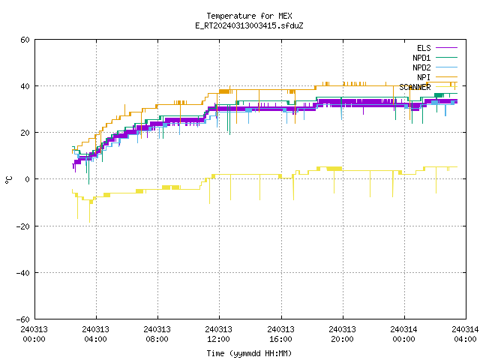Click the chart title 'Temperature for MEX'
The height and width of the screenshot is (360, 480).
(x=249, y=16)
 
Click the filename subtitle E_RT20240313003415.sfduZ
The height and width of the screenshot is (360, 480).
(x=249, y=25)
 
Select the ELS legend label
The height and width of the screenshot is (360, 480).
(x=424, y=48)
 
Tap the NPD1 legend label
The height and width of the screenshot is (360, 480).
(x=421, y=58)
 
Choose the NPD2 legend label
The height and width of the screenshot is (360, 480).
(x=421, y=67)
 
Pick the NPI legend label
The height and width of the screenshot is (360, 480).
(x=424, y=77)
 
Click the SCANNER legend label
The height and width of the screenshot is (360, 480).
(x=415, y=87)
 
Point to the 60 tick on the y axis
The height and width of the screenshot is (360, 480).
(x=25, y=40)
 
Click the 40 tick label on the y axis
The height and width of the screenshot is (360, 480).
(x=25, y=86)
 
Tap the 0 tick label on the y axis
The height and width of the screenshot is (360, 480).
(x=28, y=179)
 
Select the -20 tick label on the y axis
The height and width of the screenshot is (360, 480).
(x=23, y=226)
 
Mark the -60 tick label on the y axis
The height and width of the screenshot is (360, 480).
(x=23, y=319)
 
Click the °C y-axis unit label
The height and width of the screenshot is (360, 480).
(x=9, y=180)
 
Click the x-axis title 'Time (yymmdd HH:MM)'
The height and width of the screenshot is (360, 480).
(x=249, y=353)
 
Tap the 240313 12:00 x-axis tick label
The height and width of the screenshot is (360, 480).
(x=218, y=334)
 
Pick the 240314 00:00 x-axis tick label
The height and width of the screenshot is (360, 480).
(x=403, y=334)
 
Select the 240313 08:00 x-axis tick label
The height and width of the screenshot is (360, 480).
(x=157, y=334)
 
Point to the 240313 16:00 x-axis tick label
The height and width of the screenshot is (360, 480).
(x=280, y=334)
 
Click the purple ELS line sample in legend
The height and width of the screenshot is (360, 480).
(x=447, y=48)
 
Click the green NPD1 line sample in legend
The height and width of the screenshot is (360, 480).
(x=447, y=58)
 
